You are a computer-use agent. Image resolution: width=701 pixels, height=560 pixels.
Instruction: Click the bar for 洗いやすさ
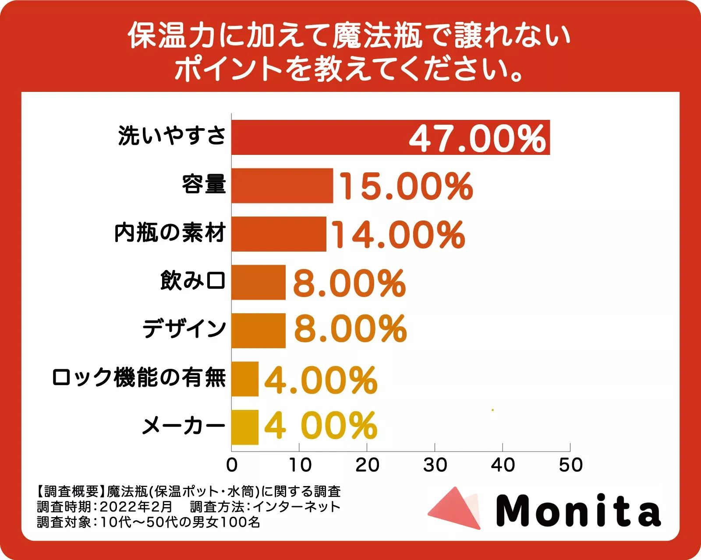(320, 137)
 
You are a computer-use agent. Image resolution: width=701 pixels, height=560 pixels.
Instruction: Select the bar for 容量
(282, 185)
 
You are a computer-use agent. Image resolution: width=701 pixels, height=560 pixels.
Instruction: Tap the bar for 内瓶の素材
(279, 234)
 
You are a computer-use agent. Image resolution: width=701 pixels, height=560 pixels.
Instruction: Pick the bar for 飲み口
(258, 282)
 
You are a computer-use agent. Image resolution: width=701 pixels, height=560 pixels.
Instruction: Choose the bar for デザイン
(258, 331)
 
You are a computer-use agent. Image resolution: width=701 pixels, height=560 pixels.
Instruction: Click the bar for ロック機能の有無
(245, 379)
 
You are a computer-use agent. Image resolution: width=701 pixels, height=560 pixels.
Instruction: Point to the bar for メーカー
(245, 427)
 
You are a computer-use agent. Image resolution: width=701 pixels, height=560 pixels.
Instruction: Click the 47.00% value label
(478, 139)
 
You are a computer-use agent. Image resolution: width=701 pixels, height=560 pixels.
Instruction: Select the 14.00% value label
(398, 235)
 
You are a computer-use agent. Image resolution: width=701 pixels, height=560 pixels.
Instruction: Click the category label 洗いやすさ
(172, 136)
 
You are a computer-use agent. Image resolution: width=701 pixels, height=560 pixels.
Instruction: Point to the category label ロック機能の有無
(139, 378)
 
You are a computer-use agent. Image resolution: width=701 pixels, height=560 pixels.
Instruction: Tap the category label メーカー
(184, 426)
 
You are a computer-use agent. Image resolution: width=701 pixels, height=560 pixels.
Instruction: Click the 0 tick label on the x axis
(232, 465)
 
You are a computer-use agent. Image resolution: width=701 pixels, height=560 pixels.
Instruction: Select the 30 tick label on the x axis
(435, 465)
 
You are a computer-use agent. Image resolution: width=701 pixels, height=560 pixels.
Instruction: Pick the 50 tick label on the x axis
(570, 465)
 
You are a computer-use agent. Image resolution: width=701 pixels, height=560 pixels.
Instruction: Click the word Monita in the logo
(578, 511)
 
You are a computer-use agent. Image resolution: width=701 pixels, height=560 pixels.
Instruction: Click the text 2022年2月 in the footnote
(136, 507)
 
